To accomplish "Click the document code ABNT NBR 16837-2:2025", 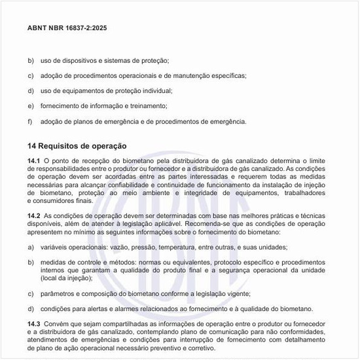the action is [67, 29].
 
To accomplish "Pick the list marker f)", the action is [30, 121].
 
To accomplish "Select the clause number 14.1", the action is [34, 161].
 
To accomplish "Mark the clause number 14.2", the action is [34, 216].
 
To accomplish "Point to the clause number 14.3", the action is [34, 325].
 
